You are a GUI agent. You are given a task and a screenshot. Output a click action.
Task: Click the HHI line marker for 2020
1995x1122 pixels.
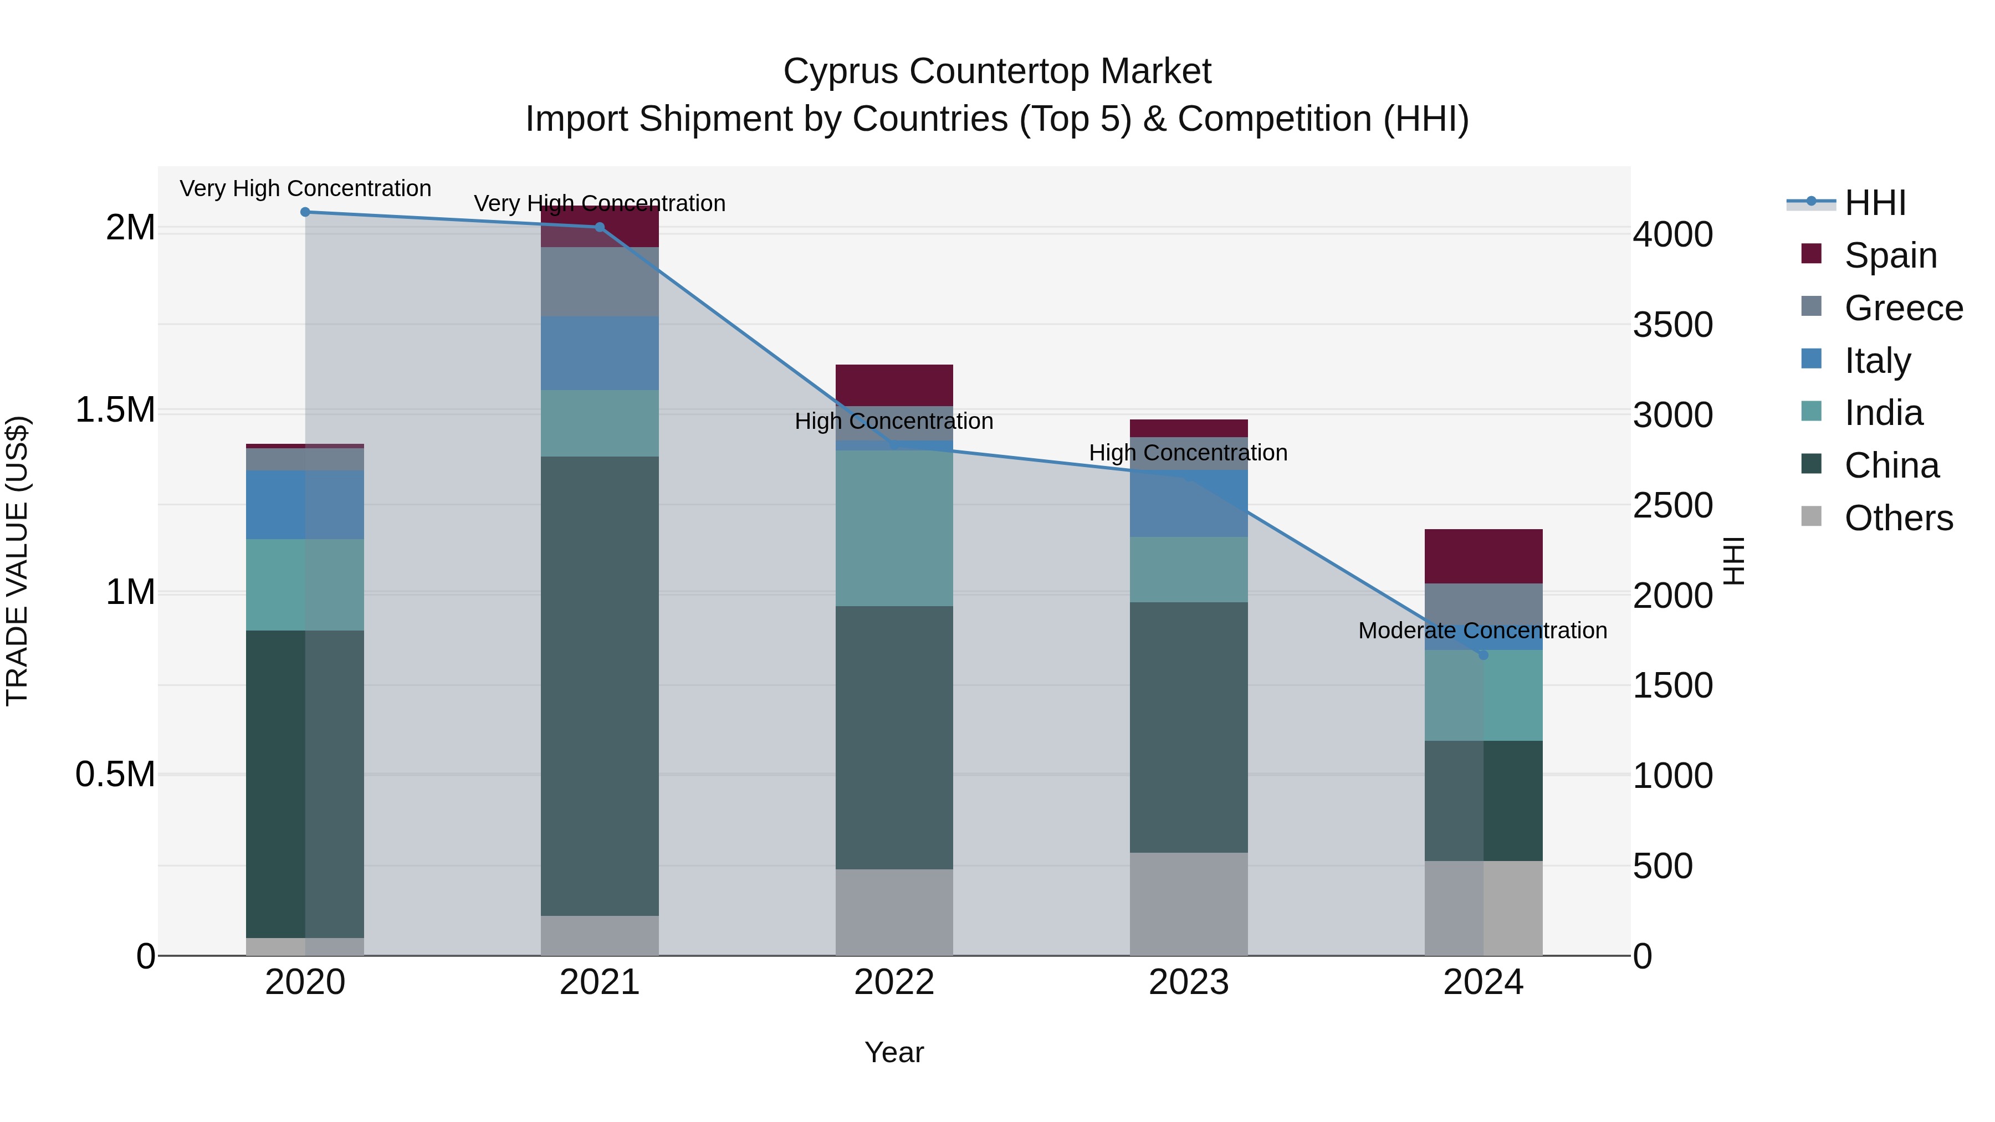pyautogui.click(x=305, y=212)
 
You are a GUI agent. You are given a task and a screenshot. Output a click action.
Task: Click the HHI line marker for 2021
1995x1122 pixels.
pyautogui.click(x=600, y=227)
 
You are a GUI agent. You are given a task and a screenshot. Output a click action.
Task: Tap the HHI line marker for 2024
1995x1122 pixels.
pyautogui.click(x=1483, y=655)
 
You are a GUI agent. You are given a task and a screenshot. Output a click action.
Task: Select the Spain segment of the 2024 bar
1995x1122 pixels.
pyautogui.click(x=1483, y=556)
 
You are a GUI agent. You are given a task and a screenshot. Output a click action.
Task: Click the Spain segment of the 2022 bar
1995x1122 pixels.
pyautogui.click(x=894, y=385)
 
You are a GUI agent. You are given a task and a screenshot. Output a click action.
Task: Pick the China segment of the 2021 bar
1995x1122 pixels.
pyautogui.click(x=600, y=685)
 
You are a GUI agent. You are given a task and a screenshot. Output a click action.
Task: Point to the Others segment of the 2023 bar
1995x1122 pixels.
pyautogui.click(x=1188, y=904)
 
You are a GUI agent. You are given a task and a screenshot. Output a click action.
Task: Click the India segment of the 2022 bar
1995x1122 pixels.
pyautogui.click(x=894, y=528)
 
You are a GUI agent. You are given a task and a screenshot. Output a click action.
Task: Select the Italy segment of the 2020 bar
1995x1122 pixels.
pyautogui.click(x=305, y=504)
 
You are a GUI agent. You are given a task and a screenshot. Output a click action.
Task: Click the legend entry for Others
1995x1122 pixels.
pyautogui.click(x=1897, y=518)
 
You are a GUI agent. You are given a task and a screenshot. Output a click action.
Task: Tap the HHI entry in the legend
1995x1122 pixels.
pyautogui.click(x=1874, y=203)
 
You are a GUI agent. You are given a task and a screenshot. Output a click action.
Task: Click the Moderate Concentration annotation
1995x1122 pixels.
pyautogui.click(x=1482, y=631)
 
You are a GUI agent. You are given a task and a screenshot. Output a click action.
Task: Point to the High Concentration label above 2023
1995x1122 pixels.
pyautogui.click(x=1188, y=453)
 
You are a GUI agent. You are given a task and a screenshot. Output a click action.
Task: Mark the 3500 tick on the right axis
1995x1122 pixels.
pyautogui.click(x=1673, y=325)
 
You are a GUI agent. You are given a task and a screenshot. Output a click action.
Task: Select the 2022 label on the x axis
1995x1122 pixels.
pyautogui.click(x=894, y=982)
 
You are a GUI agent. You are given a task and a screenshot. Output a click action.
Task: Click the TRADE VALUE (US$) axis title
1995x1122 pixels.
pyautogui.click(x=17, y=561)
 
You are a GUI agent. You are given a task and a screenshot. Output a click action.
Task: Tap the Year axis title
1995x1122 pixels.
pyautogui.click(x=894, y=1052)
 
